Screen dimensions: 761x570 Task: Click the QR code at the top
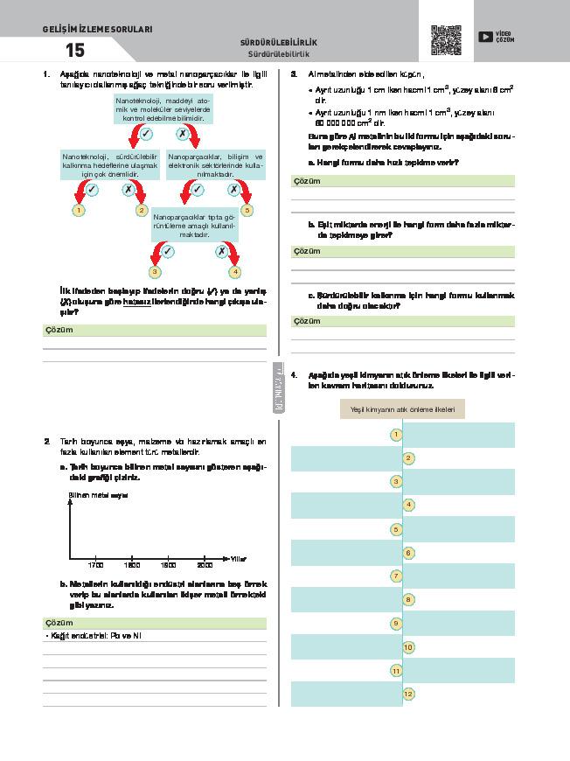pos(446,40)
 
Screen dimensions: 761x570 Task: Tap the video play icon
pos(484,37)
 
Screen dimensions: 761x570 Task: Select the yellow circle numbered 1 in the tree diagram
pos(79,210)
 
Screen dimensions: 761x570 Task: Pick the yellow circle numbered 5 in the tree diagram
pos(247,210)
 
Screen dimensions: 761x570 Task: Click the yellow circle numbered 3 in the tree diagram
pos(155,272)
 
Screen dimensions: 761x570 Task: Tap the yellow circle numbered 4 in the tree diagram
pos(234,272)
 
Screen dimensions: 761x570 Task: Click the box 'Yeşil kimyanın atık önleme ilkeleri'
pos(402,409)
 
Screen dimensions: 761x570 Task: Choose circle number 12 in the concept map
pos(408,694)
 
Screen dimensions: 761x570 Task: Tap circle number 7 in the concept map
pos(396,576)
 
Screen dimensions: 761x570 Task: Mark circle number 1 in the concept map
pos(396,435)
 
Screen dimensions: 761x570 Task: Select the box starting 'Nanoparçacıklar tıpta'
pos(194,224)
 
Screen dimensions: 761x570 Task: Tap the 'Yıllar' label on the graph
pos(239,558)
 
